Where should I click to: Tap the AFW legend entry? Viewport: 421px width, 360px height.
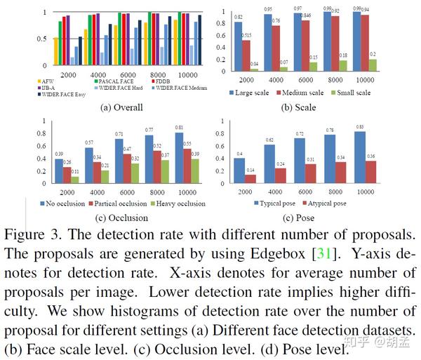(x=46, y=81)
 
